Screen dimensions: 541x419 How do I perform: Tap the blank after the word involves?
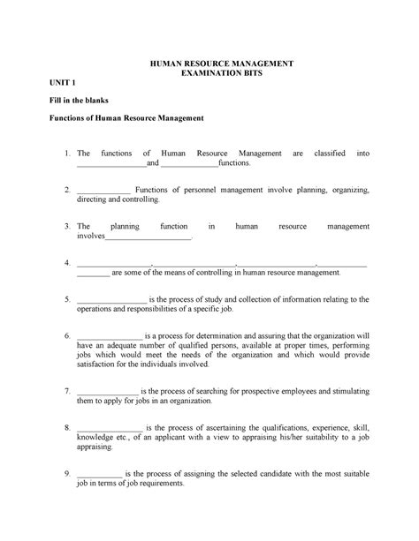tap(149, 237)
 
